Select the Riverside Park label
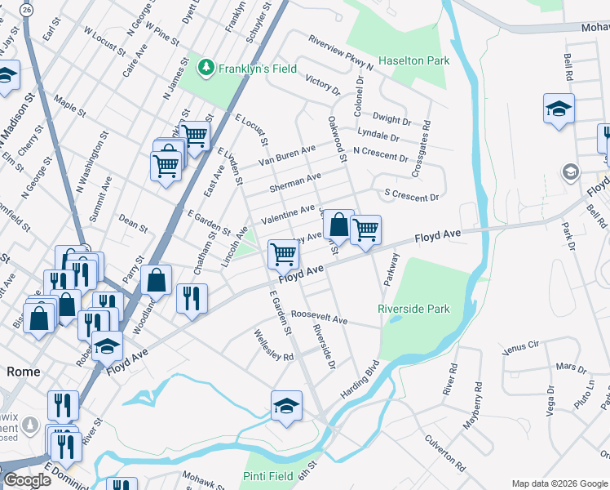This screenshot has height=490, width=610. click(413, 310)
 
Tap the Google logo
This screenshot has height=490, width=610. click(27, 481)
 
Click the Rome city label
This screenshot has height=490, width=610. click(24, 371)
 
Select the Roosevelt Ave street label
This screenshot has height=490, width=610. click(320, 314)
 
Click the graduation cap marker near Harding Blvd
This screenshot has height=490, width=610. click(286, 406)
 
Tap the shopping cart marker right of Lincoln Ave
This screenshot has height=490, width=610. click(283, 254)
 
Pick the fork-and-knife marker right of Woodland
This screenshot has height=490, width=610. click(192, 298)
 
